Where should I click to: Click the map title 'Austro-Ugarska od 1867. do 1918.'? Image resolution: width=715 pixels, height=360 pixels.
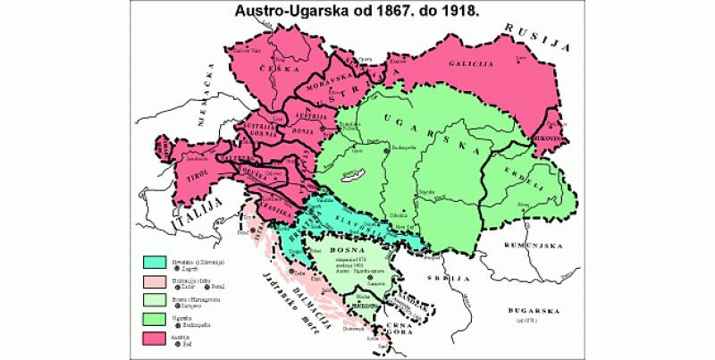point(357,13)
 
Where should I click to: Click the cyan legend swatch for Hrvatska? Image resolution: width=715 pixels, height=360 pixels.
point(158,263)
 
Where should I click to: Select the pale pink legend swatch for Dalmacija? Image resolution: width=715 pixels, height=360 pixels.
point(158,281)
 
